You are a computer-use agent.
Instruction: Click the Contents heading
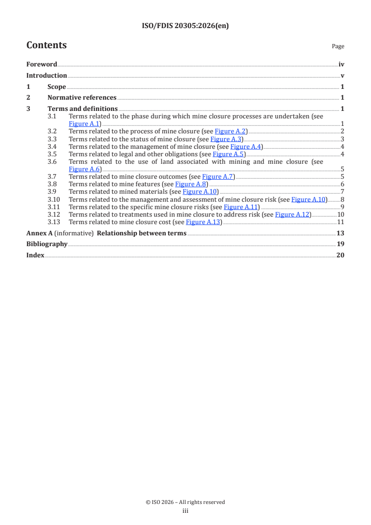(x=46, y=45)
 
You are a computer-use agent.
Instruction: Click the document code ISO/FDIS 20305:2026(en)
(x=185, y=26)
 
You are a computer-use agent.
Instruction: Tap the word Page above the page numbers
(x=338, y=46)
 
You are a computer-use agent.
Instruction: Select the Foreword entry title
(x=42, y=65)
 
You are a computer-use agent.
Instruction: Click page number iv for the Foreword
(x=342, y=65)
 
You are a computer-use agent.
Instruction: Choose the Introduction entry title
(x=46, y=76)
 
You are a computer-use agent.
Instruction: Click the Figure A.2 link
(x=230, y=131)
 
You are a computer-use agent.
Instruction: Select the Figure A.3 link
(x=226, y=139)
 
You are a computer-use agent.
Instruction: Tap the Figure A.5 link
(x=228, y=154)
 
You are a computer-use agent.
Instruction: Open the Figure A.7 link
(x=218, y=177)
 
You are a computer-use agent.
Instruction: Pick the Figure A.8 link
(x=191, y=184)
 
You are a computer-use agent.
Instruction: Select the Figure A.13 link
(x=203, y=222)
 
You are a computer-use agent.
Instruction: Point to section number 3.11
(x=54, y=207)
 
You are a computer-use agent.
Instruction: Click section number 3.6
(x=52, y=161)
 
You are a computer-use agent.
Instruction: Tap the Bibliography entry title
(x=47, y=244)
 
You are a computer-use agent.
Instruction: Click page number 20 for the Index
(x=340, y=255)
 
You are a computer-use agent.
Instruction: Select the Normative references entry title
(x=82, y=98)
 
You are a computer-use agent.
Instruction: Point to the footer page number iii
(x=185, y=511)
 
